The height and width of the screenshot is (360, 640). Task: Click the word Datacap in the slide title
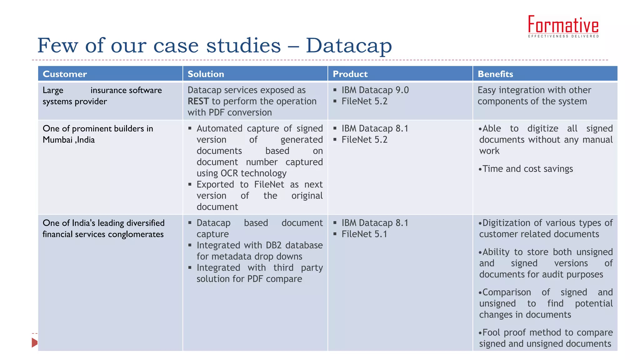pyautogui.click(x=348, y=46)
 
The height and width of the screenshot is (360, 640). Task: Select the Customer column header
pyautogui.click(x=65, y=74)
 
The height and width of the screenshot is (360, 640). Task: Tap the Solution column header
pyautogui.click(x=206, y=74)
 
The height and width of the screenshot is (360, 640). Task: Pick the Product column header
pyautogui.click(x=350, y=74)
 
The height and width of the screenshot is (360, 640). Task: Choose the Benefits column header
pyautogui.click(x=495, y=74)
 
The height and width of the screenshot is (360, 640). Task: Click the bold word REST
pyautogui.click(x=198, y=101)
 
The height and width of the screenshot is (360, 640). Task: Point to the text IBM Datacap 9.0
pyautogui.click(x=375, y=90)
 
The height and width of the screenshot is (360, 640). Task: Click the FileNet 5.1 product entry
pyautogui.click(x=364, y=234)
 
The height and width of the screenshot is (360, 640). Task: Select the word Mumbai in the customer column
pyautogui.click(x=57, y=140)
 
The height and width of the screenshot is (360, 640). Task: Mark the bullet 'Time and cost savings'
pyautogui.click(x=527, y=169)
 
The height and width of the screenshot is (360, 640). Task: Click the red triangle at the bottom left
pyautogui.click(x=34, y=342)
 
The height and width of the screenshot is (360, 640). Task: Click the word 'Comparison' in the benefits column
pyautogui.click(x=507, y=292)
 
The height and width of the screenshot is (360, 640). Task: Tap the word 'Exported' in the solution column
pyautogui.click(x=215, y=184)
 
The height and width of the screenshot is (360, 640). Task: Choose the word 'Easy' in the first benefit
pyautogui.click(x=487, y=90)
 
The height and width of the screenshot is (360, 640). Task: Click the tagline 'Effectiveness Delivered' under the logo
pyautogui.click(x=563, y=36)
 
